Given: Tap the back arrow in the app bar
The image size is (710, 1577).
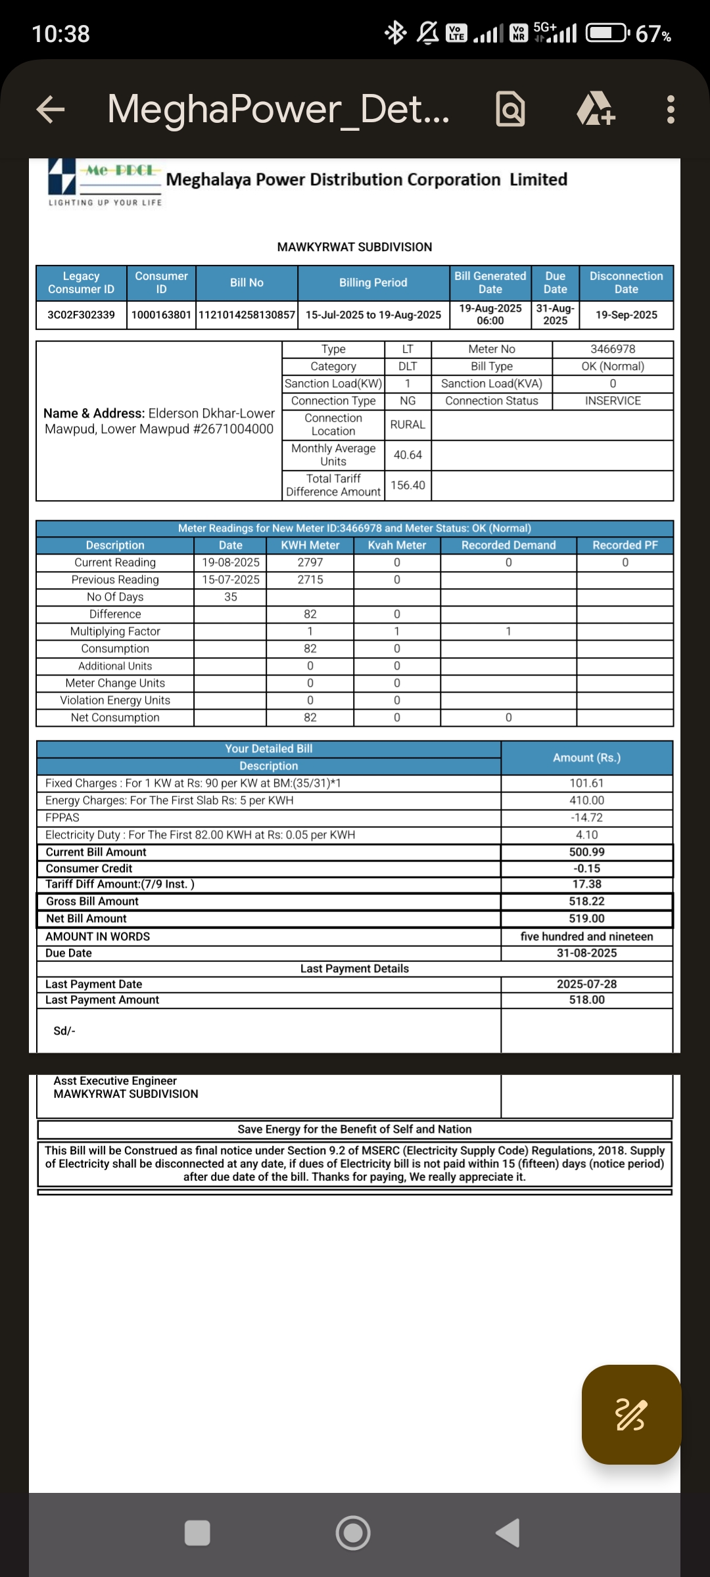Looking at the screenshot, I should tap(51, 109).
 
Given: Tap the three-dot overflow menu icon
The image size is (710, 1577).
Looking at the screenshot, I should tap(670, 109).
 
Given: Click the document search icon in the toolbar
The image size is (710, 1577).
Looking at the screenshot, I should tap(511, 109).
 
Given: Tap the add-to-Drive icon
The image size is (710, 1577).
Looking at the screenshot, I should tap(595, 109).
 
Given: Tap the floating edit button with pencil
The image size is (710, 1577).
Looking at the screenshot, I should tap(631, 1414).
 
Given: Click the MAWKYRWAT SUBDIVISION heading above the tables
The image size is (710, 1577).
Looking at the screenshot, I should tap(354, 247).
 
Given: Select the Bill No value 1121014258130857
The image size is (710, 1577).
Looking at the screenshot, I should tap(247, 315).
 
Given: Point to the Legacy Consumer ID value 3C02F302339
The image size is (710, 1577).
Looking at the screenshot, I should tap(81, 315).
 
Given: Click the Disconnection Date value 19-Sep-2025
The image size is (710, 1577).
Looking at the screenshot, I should tap(626, 315).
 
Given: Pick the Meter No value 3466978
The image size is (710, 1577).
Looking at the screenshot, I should tap(613, 349).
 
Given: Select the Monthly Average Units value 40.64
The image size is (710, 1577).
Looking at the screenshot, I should tap(408, 455).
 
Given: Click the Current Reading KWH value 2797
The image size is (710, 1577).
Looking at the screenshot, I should tap(310, 562).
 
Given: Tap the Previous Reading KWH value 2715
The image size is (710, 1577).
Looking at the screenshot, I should tap(310, 580).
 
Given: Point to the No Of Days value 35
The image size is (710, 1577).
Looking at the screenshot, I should tap(230, 597).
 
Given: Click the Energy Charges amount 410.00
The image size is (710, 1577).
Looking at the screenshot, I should tap(586, 800).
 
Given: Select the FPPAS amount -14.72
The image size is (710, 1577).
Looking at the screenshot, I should tap(586, 817).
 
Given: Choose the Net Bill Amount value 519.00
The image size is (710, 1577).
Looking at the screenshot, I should tap(586, 919).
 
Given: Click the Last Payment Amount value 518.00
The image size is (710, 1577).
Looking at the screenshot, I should tap(586, 1000).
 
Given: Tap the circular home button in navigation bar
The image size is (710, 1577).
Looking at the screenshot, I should tap(353, 1533).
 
